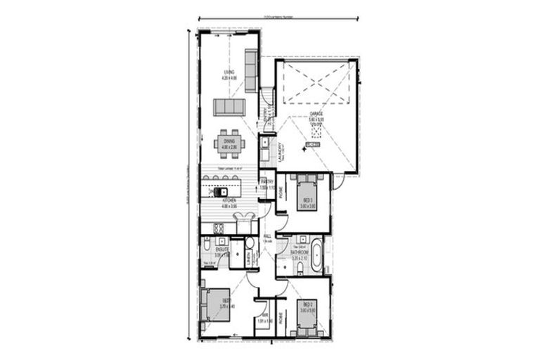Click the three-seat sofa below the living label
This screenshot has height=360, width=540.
coord(229,107)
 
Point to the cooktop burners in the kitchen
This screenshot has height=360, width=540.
coord(218,228)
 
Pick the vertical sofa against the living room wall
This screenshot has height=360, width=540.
coord(250,70)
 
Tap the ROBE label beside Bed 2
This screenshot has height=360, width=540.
coord(281,316)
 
